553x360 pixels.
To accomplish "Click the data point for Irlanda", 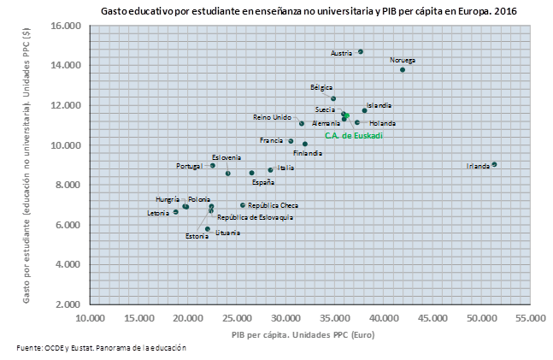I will point(494,164).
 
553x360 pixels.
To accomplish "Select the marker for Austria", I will point(361,51).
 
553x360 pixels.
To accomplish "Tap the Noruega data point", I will point(403,70).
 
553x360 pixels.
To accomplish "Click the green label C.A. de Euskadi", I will point(353,135).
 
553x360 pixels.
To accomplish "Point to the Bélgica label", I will point(321,87).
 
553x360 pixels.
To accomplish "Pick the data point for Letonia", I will point(176,212).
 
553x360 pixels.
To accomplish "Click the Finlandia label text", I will point(308,153).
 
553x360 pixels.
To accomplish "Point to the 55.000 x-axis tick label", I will point(529,318).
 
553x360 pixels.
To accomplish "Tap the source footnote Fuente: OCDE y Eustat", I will point(102,348).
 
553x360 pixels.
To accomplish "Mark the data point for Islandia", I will point(364,110).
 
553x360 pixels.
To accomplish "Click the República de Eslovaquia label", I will point(255,217).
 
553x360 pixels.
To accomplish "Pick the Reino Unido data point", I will point(302,123).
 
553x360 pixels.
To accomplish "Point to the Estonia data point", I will point(208,229).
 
